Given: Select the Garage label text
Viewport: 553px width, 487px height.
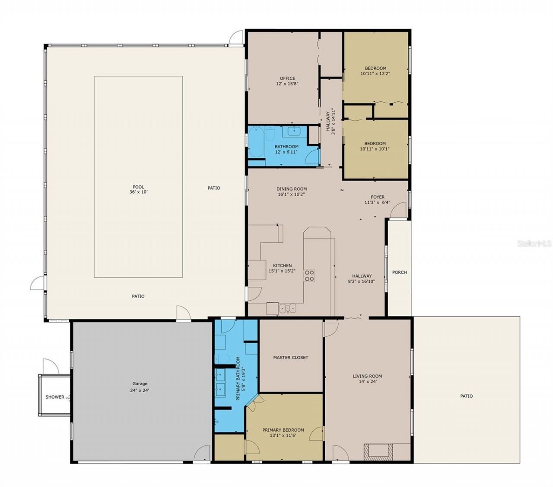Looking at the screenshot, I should [140, 383].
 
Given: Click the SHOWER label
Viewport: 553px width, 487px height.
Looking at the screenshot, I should [55, 397].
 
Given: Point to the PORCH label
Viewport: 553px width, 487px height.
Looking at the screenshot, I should [399, 272].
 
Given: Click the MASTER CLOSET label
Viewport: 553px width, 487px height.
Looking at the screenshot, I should [290, 358].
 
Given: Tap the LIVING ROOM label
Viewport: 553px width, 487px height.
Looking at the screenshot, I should [367, 376].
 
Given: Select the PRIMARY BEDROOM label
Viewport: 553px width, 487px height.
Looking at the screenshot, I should [283, 430].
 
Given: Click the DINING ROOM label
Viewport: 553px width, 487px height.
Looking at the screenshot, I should [292, 189].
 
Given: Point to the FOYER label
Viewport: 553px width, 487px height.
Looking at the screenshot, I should [377, 197].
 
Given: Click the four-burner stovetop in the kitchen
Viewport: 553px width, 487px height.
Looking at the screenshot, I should [309, 276].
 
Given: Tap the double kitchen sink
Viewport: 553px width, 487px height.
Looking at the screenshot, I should [288, 308].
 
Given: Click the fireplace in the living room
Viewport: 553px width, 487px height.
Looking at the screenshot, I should [378, 452].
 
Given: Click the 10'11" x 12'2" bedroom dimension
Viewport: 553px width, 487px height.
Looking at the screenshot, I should [375, 74].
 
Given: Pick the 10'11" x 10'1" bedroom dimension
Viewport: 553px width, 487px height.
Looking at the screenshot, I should [375, 149].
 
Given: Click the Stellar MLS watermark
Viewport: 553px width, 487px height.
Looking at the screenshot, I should [534, 244].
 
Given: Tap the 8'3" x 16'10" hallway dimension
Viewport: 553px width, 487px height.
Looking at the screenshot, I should [362, 282].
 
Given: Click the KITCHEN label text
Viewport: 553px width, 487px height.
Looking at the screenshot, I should [282, 266].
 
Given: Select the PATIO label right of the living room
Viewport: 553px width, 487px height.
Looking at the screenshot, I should [466, 396].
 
